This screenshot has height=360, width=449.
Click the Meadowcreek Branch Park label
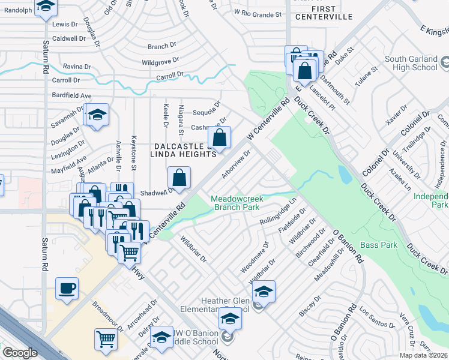pyautogui.click(x=235, y=203)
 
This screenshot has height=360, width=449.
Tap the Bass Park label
pyautogui.click(x=379, y=245)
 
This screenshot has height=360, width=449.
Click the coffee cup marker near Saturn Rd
pyautogui.click(x=67, y=287)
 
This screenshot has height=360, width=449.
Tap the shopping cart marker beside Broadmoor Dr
pyautogui.click(x=106, y=339)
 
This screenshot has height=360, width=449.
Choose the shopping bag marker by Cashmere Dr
pyautogui.click(x=220, y=137)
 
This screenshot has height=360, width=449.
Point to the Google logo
pyautogui.click(x=20, y=353)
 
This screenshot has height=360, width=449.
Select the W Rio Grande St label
pyautogui.click(x=258, y=13)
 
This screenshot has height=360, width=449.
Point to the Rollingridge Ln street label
pyautogui.click(x=278, y=214)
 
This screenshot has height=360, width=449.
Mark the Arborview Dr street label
pyautogui.click(x=235, y=164)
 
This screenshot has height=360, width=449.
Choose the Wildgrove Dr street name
pyautogui.click(x=160, y=61)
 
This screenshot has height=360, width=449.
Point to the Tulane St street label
pyautogui.click(x=366, y=76)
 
